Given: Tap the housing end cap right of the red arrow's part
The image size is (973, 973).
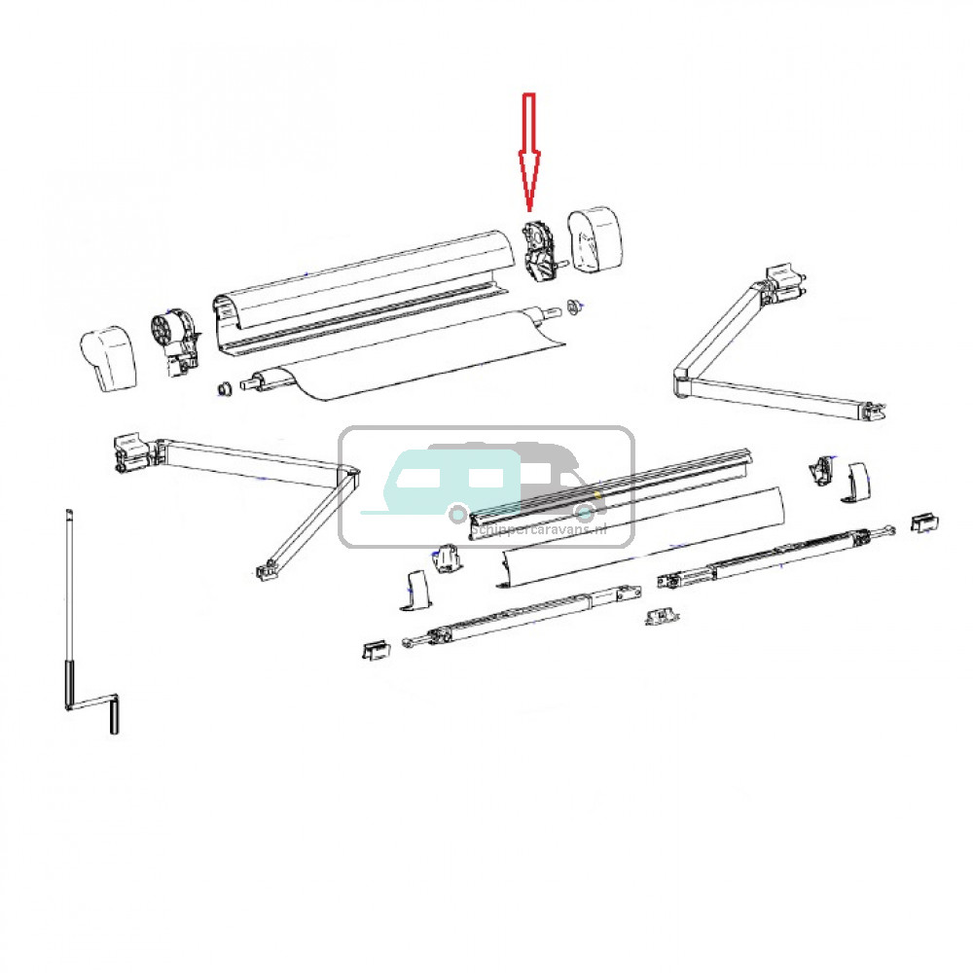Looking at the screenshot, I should click(595, 238).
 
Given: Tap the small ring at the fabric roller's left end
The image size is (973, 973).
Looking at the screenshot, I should click(223, 390).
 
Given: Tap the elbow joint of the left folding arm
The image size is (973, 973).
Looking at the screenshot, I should click(346, 476).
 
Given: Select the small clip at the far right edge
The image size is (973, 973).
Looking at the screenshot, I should click(923, 523).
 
